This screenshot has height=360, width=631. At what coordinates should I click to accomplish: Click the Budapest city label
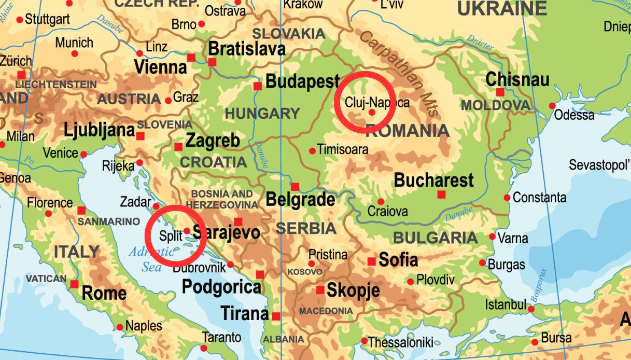click(302, 82)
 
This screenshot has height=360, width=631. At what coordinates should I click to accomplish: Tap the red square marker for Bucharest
click(441, 195)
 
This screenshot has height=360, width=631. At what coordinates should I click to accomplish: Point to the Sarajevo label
click(226, 232)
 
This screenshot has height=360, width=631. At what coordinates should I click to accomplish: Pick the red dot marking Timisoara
click(312, 151)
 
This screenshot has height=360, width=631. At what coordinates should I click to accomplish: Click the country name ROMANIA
click(408, 131)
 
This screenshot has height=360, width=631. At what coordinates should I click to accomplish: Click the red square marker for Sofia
click(371, 261)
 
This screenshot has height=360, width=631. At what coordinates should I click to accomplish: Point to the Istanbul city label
click(506, 304)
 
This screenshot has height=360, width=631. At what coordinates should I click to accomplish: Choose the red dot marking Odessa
click(552, 106)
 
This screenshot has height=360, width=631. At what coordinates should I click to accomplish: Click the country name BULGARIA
click(435, 238)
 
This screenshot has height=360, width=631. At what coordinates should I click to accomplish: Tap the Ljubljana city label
click(99, 130)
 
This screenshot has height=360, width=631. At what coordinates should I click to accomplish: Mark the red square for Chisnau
click(500, 92)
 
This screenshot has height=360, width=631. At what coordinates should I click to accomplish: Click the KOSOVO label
click(305, 272)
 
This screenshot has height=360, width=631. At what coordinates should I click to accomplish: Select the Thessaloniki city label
click(400, 342)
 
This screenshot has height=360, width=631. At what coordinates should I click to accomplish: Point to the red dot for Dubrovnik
click(230, 265)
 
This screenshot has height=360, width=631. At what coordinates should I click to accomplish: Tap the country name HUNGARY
click(262, 113)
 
